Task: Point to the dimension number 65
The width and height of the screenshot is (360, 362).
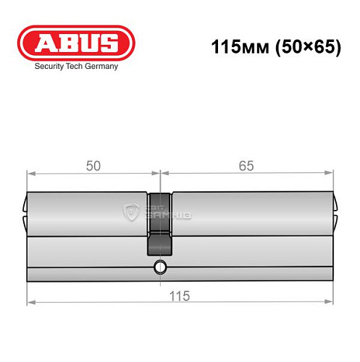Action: (246, 166)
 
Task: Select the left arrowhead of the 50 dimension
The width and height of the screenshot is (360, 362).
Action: (30, 174)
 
